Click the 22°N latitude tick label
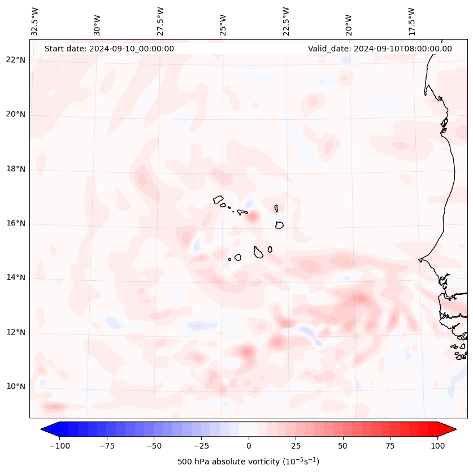(15, 60)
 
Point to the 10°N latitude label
(15, 386)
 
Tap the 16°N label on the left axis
(15, 223)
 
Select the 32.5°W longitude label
(35, 21)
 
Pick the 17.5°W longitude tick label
(411, 21)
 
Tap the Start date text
(109, 49)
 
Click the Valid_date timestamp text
(380, 49)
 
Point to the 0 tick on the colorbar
(249, 446)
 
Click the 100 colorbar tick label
(438, 446)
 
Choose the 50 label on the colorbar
(343, 446)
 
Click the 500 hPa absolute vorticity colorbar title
(248, 462)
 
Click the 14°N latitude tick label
(15, 277)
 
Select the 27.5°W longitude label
(160, 21)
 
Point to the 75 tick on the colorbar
(390, 446)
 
